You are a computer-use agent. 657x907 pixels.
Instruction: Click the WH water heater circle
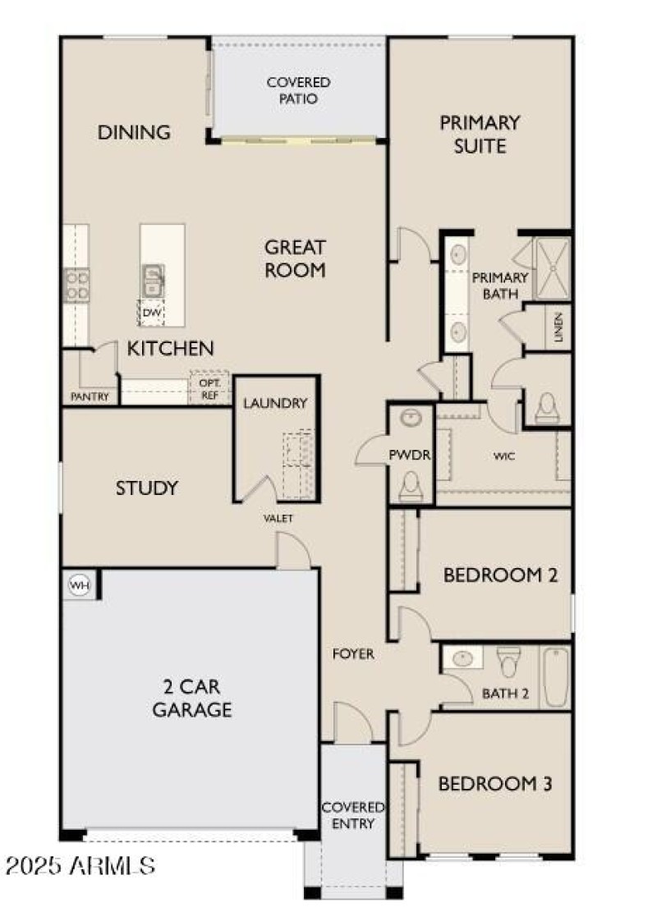tap(78, 585)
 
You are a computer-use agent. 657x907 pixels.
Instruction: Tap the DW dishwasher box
tap(151, 313)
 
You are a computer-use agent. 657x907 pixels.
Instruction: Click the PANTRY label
tap(90, 397)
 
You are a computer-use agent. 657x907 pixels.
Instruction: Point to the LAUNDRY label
tap(275, 403)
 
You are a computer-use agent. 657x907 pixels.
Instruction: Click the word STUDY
tap(146, 488)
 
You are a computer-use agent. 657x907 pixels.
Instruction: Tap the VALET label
tap(278, 519)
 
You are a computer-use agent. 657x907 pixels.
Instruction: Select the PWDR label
tap(410, 455)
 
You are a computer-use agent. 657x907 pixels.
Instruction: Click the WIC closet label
tap(504, 456)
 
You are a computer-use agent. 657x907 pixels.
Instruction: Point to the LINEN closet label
tap(558, 328)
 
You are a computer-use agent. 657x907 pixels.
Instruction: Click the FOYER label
tap(353, 654)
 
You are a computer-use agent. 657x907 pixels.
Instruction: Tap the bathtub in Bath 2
tap(556, 676)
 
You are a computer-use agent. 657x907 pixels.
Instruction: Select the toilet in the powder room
tap(409, 489)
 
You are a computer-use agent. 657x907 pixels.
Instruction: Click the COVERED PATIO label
tap(298, 90)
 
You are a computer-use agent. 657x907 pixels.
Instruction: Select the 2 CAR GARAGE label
tap(191, 698)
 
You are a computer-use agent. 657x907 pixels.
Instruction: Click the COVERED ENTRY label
tap(353, 815)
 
